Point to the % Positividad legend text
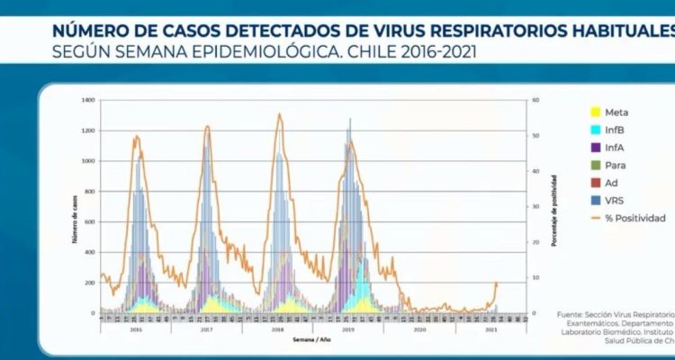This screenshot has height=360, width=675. coord(635,218)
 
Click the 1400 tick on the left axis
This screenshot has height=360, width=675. coord(88,100)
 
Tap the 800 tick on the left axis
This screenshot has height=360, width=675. coord(90,191)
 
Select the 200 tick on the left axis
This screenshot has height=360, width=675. coord(90,283)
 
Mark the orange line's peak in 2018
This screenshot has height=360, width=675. coord(279,114)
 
